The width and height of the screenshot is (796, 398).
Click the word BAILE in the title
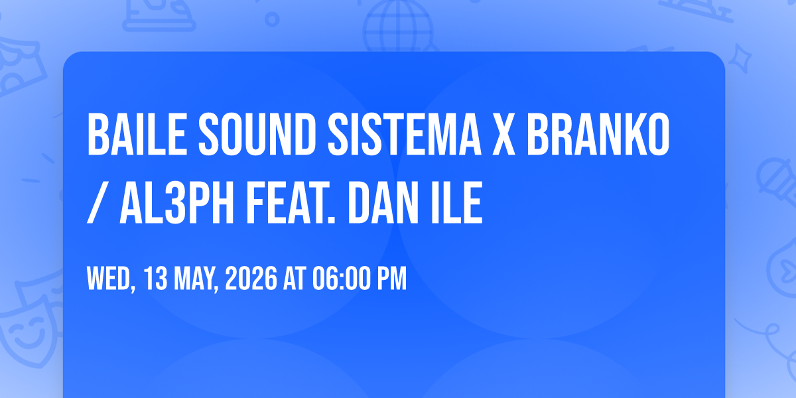137,134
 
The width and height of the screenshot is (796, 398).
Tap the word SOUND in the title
257,134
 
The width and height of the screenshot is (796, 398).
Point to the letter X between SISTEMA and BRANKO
504,134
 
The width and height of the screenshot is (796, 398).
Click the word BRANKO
598,134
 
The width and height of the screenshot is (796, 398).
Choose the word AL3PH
176,202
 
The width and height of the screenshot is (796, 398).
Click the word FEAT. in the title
291,202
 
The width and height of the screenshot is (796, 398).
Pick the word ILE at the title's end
456,202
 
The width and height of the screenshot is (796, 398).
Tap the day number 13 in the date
156,279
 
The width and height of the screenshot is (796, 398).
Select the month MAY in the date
196,280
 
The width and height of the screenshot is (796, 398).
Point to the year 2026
251,279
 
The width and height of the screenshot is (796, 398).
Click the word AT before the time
295,279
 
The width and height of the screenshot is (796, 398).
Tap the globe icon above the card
398,26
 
